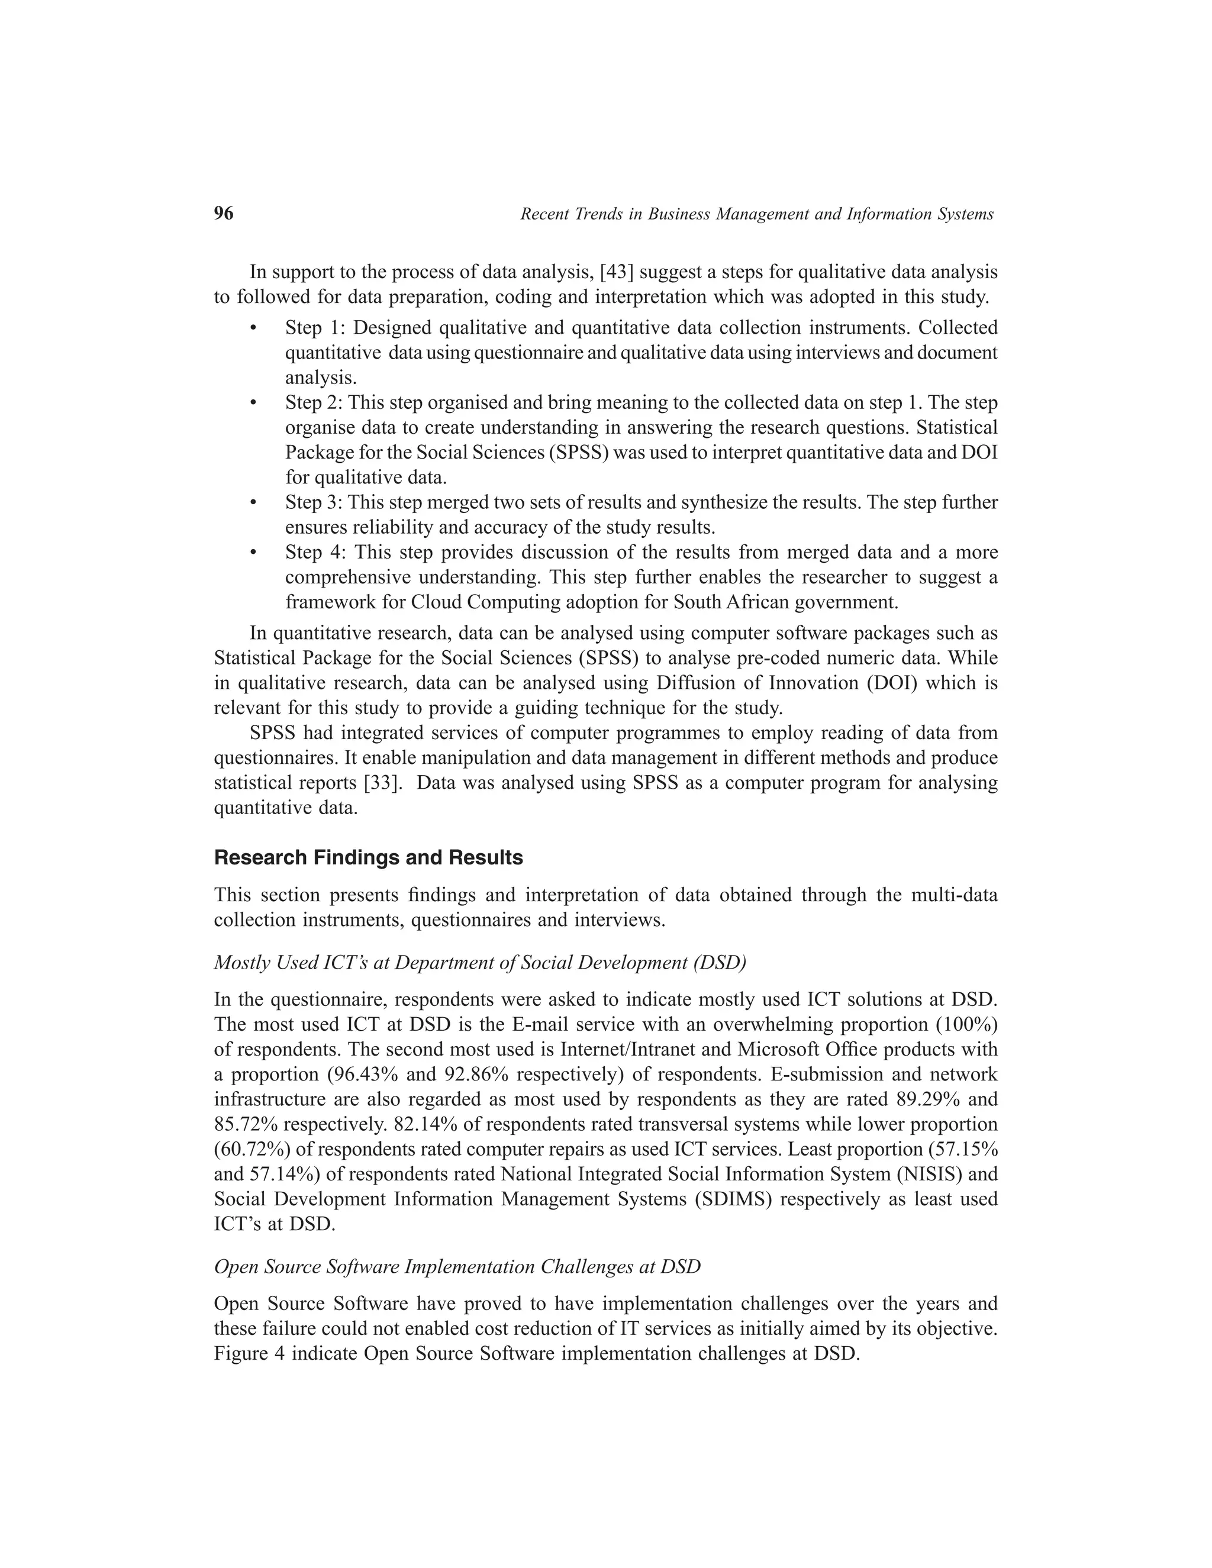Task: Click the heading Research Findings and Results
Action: coord(368,858)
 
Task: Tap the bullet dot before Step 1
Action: coord(253,328)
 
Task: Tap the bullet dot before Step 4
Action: coord(253,553)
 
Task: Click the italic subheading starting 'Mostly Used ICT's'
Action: coord(479,963)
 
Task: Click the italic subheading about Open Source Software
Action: coord(457,1266)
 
